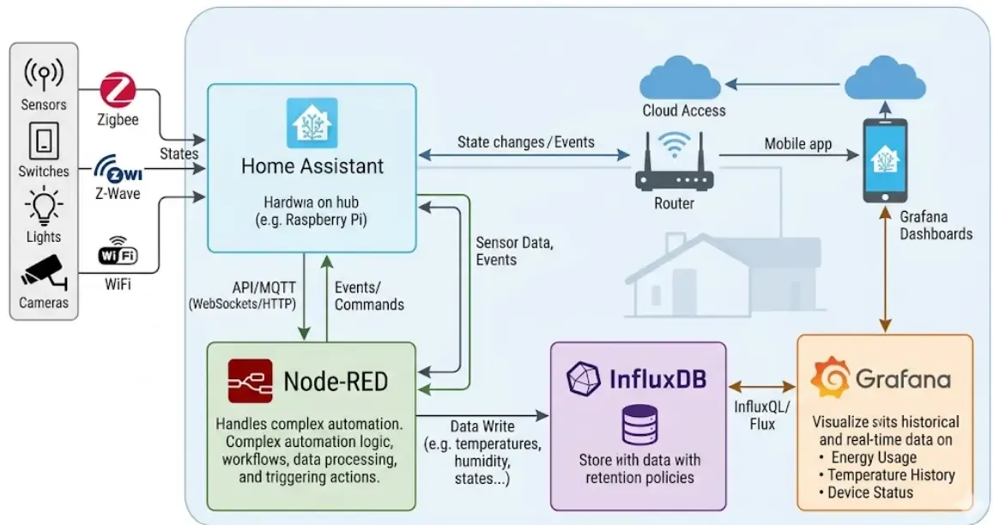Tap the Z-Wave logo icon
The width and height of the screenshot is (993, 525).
pyautogui.click(x=118, y=167)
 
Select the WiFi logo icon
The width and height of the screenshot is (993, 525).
pyautogui.click(x=118, y=254)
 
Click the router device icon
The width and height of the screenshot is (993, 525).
pyautogui.click(x=674, y=165)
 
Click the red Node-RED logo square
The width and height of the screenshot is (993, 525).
pyautogui.click(x=250, y=381)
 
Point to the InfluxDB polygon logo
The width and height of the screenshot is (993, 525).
pyautogui.click(x=584, y=378)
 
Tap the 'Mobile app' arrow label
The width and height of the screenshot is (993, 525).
pyautogui.click(x=798, y=144)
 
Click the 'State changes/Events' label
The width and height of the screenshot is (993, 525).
pyautogui.click(x=525, y=142)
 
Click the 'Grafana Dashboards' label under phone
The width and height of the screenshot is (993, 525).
pyautogui.click(x=935, y=226)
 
